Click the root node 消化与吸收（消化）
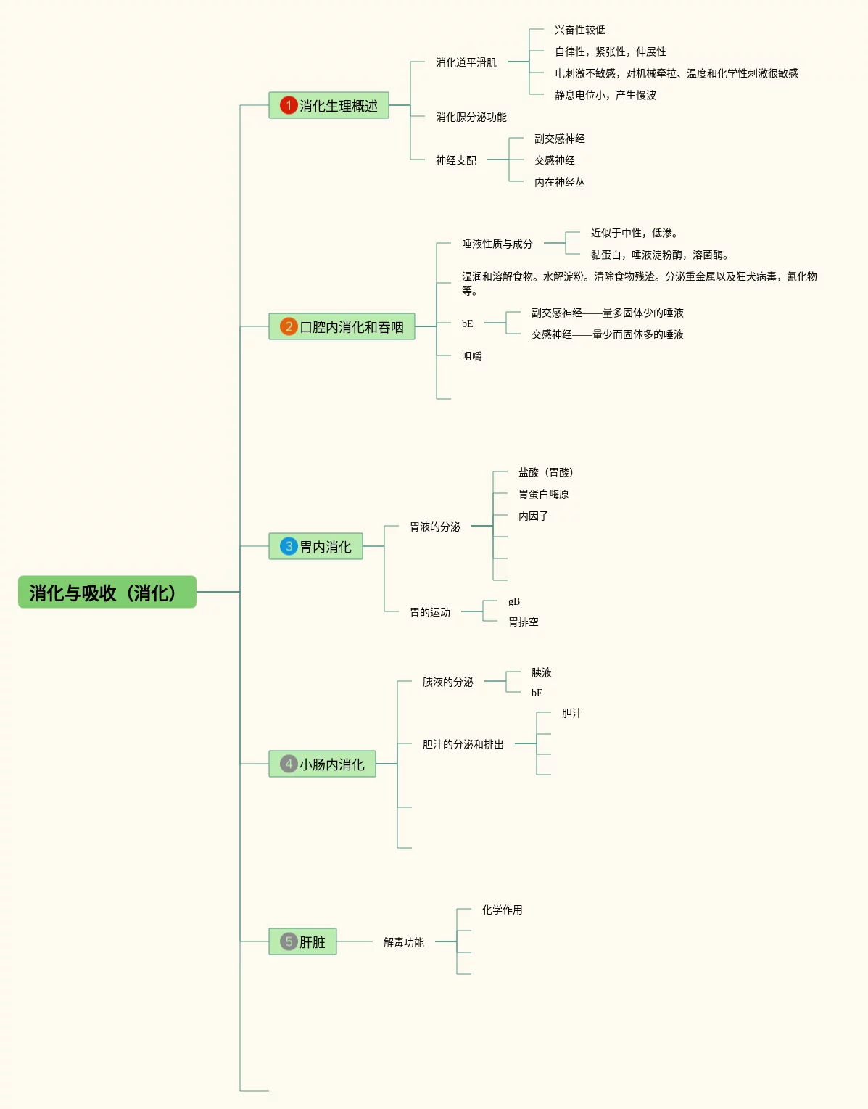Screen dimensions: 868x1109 pos(107,592)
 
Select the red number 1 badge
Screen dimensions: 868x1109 pos(289,105)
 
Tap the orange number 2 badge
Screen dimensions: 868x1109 pos(289,326)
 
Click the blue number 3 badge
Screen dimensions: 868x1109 pos(289,546)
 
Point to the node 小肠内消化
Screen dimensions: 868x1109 pos(322,764)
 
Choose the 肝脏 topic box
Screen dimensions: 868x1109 pos(302,941)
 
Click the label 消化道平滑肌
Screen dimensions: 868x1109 pos(466,62)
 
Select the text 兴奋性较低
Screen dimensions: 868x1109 pos(580,30)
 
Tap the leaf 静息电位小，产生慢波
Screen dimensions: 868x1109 pos(605,95)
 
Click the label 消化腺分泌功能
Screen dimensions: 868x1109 pos(471,117)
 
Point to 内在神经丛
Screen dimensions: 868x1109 pos(560,182)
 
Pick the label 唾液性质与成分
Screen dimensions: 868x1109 pos(497,244)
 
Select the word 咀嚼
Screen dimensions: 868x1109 pos(472,356)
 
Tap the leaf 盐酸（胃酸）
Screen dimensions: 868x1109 pos(546,472)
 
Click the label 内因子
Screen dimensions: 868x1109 pos(534,516)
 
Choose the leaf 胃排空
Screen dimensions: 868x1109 pos(524,622)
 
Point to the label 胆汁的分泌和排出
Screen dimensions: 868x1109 pos(463,744)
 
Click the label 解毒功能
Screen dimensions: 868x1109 pos(403,942)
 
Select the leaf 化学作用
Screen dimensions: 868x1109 pos(502,910)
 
